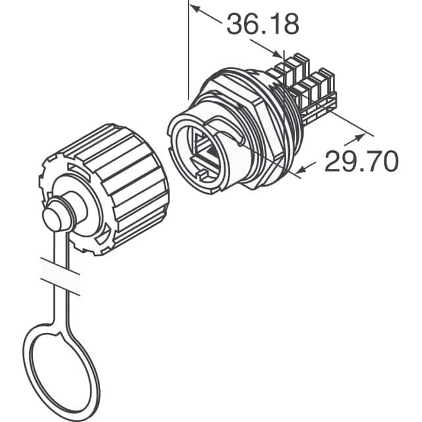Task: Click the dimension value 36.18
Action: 262,24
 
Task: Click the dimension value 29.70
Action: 361,160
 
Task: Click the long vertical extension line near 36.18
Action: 189,53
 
